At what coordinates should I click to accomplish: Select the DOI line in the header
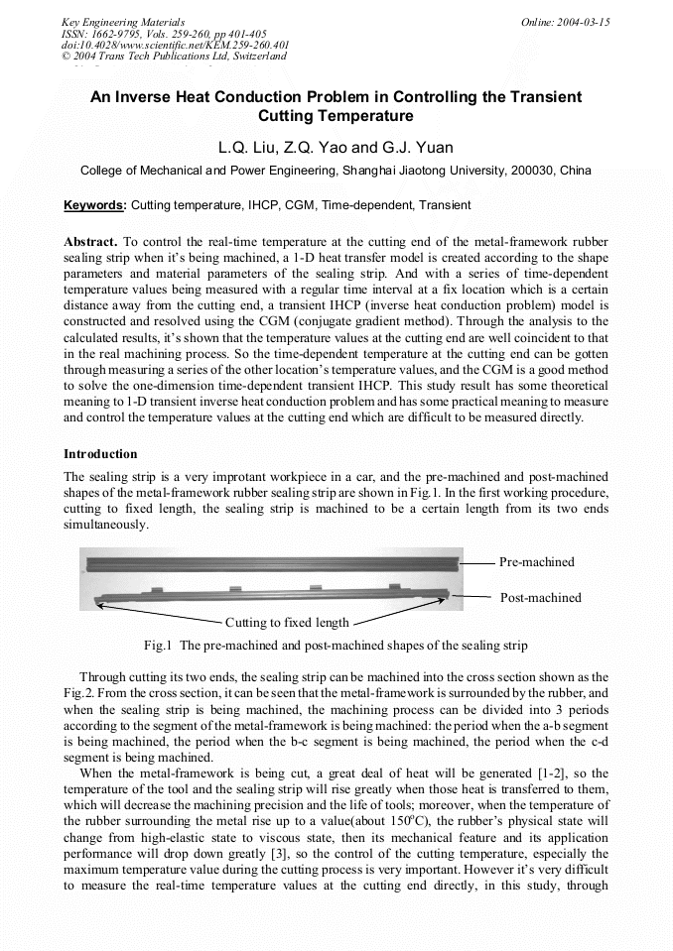pos(176,45)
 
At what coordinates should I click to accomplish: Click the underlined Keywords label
pos(94,205)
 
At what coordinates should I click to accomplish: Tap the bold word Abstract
pos(91,242)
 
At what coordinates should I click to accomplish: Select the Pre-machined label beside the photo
pos(536,562)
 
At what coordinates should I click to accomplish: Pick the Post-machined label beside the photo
pos(540,598)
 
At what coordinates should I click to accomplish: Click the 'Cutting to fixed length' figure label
pos(287,623)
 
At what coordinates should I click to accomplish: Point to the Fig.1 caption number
pos(159,646)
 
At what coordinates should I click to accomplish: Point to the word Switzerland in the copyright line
pos(254,57)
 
